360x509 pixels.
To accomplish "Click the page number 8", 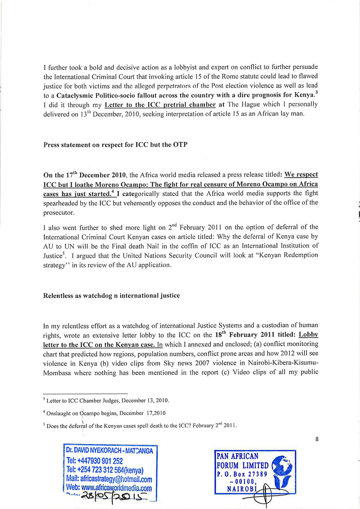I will coord(317,439).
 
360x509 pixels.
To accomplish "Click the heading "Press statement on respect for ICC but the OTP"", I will coord(116,145).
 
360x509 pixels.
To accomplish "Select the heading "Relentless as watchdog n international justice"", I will coord(112,296).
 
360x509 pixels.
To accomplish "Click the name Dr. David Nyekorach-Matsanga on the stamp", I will coord(109,450).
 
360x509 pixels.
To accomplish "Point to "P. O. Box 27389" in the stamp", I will coord(242,474).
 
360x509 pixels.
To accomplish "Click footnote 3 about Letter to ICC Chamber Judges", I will coord(106,400).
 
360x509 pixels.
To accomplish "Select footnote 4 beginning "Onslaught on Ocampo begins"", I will coord(105,413).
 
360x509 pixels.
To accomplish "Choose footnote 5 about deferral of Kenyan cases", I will coord(140,425).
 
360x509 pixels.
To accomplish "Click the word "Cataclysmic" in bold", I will coord(75,95).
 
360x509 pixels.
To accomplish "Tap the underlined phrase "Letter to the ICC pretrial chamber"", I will coord(160,104).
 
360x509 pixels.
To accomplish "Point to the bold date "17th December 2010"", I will coord(85,175).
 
